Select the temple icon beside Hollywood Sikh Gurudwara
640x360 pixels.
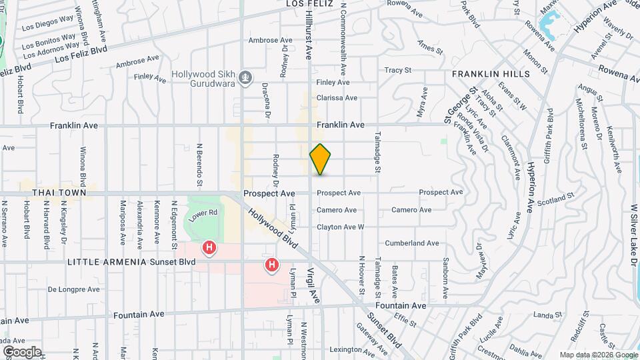(246, 79)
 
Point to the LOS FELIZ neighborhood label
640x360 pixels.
(308, 4)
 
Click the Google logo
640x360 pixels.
(22, 352)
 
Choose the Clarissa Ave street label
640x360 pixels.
(337, 97)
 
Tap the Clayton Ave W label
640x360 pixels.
(340, 227)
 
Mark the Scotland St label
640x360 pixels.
(556, 199)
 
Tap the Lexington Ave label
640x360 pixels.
(354, 349)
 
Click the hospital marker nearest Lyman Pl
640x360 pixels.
(272, 265)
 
